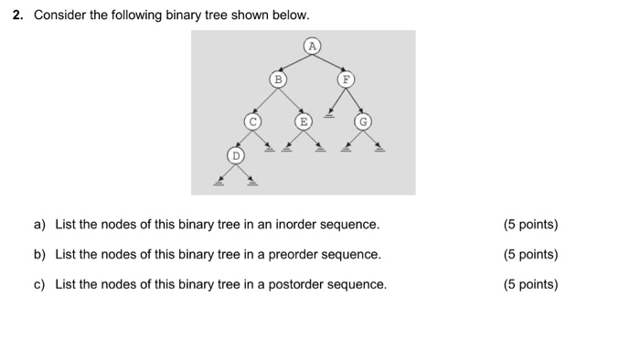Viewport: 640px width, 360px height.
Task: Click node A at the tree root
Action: (312, 45)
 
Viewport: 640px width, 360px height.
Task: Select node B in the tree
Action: (277, 79)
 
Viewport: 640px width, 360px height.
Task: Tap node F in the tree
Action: (345, 79)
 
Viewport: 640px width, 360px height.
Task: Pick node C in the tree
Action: (251, 121)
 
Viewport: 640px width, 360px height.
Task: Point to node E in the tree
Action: (302, 121)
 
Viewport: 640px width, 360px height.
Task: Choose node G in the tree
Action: (364, 121)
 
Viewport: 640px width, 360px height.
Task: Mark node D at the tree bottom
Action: (236, 156)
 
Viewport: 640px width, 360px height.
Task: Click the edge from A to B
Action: (294, 62)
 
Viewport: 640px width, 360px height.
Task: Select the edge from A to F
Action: (328, 62)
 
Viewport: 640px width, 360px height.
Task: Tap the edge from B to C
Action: (264, 101)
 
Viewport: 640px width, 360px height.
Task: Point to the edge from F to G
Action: (354, 101)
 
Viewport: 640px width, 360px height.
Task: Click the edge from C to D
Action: (244, 139)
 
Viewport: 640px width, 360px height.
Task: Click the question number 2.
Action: (18, 16)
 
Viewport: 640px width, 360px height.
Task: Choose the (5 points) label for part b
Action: (530, 255)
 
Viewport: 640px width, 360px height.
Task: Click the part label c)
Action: (40, 285)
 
